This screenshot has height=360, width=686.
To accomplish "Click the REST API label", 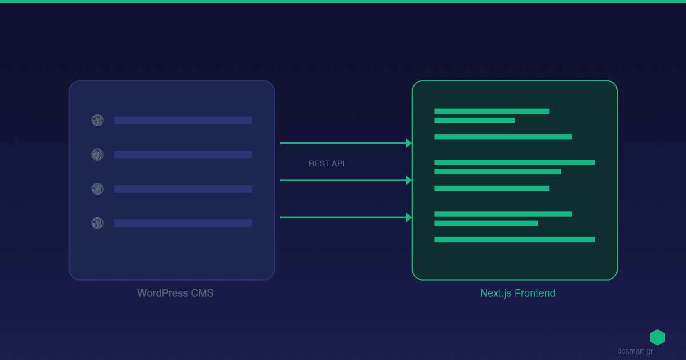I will [x=326, y=163].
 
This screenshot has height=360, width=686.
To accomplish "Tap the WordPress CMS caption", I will [x=176, y=293].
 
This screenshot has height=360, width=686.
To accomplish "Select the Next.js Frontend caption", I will [x=517, y=293].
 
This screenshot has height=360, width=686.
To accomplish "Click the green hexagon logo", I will [x=657, y=337].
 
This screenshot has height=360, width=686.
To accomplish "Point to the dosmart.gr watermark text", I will [x=635, y=351].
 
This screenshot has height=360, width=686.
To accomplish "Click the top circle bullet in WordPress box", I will [x=97, y=120].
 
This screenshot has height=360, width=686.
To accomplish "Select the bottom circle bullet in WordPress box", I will [x=97, y=223].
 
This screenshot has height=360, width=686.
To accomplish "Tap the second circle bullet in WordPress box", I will [x=97, y=154].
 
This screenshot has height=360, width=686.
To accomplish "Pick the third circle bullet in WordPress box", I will [x=97, y=189].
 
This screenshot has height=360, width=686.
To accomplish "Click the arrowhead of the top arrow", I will [x=409, y=143].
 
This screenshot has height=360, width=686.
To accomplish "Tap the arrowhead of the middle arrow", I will [x=409, y=180].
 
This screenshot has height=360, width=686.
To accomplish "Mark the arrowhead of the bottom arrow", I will [x=409, y=217].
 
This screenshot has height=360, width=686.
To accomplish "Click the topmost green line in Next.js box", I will [x=492, y=111].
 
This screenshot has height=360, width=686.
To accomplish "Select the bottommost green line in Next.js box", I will [x=514, y=239].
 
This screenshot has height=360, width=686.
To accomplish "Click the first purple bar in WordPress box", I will [x=183, y=120].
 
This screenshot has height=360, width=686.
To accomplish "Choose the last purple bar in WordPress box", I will [x=183, y=223].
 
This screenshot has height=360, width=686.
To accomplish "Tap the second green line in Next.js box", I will [x=474, y=120].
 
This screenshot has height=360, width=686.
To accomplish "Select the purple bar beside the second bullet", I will [x=183, y=154].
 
